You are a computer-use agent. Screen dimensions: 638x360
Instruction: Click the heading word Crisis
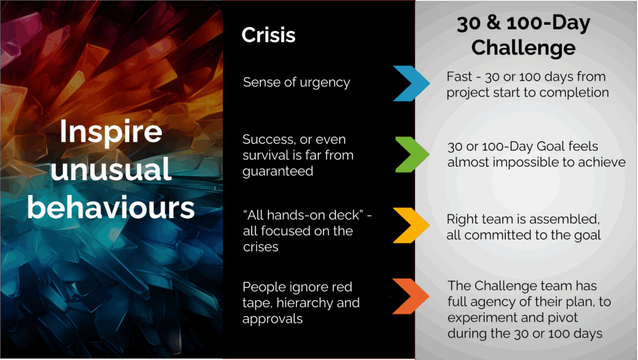pos(268,35)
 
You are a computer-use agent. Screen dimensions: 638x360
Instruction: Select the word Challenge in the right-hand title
pos(523,48)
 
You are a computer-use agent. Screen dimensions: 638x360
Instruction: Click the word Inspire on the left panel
pos(111,133)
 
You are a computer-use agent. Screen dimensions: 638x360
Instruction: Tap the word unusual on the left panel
pos(111,169)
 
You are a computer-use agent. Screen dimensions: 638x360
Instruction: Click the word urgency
pos(325,83)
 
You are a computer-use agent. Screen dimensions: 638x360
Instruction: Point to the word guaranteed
pos(278,172)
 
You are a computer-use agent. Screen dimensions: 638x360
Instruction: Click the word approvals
pos(273,320)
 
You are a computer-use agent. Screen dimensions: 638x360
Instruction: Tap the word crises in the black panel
pos(261,247)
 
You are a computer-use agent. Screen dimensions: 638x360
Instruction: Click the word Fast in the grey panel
pos(459,77)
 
